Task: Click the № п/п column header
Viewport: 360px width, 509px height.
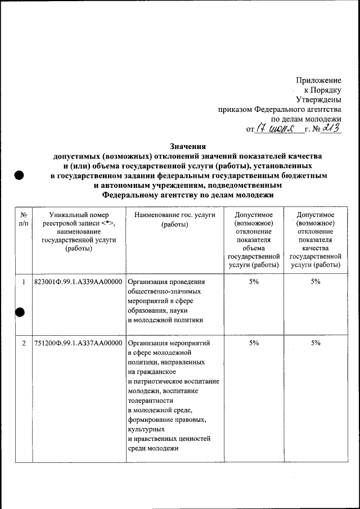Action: [24, 219]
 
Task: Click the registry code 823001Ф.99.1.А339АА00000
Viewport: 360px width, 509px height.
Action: [79, 282]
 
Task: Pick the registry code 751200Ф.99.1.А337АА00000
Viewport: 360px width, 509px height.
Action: [79, 343]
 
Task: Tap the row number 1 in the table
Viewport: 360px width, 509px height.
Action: [24, 282]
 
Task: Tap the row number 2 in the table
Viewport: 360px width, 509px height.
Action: [24, 343]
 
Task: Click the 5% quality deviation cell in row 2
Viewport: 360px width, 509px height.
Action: [316, 343]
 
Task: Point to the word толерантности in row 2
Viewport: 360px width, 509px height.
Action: [151, 401]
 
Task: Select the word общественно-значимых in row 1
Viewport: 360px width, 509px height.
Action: [164, 292]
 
